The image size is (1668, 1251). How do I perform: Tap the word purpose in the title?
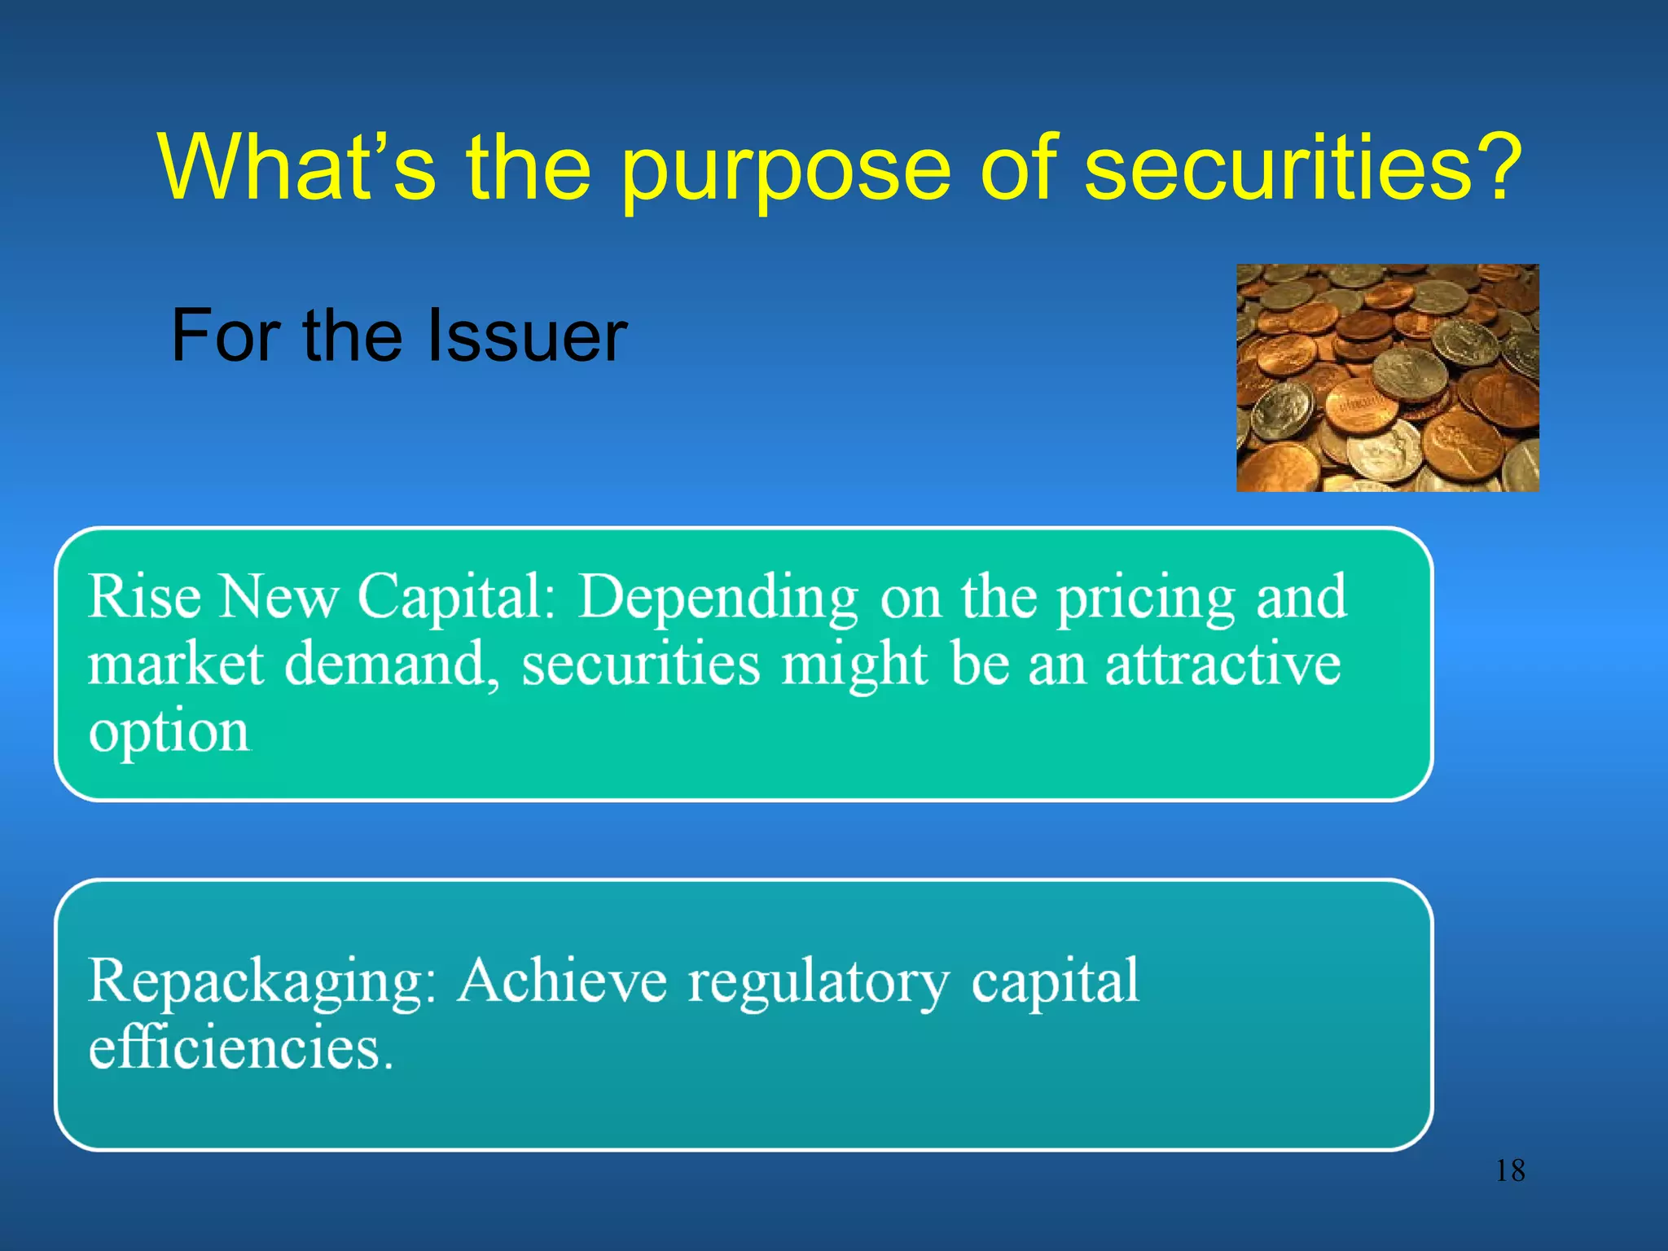(785, 171)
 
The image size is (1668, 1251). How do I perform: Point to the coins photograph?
(1387, 378)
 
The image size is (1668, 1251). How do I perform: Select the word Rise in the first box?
(144, 596)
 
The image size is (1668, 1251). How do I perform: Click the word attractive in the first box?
(1222, 665)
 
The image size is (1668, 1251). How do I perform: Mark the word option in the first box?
(169, 733)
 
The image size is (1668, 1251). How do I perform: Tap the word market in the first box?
(176, 665)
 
